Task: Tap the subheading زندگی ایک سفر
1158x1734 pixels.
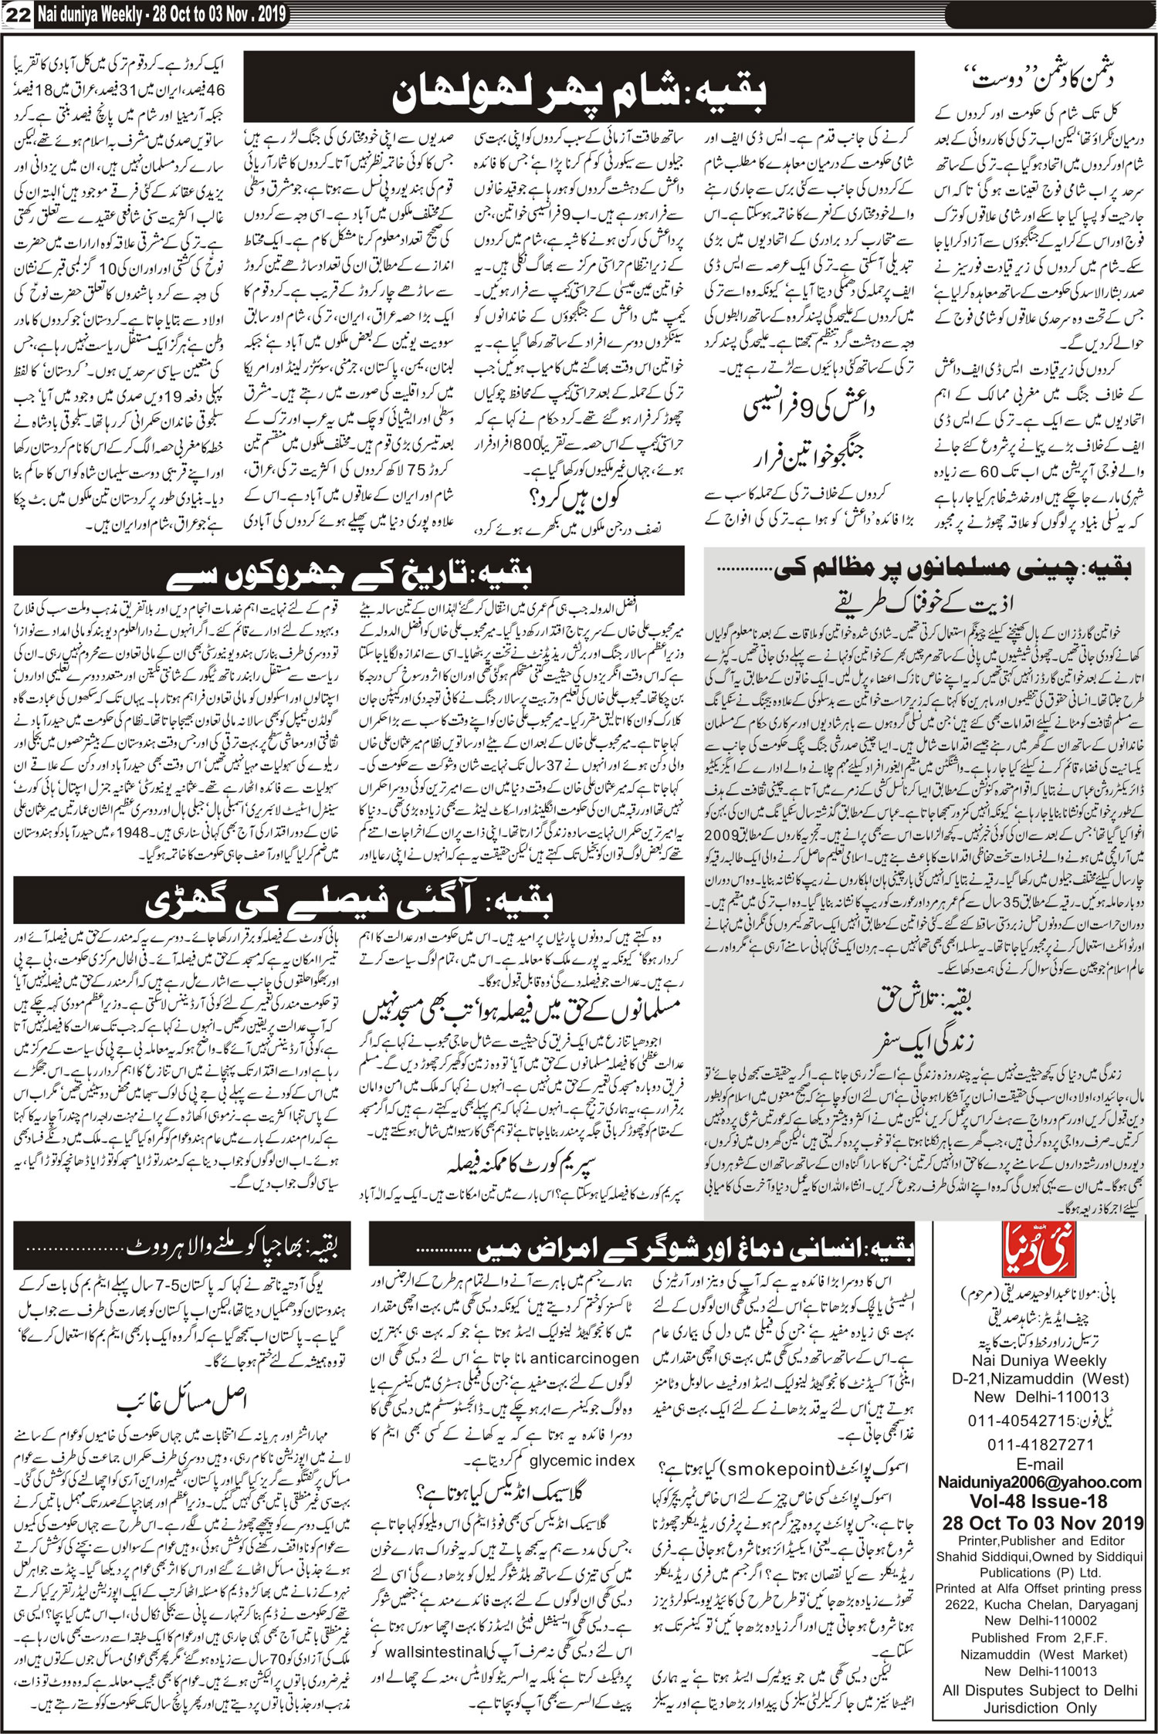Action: tap(923, 1043)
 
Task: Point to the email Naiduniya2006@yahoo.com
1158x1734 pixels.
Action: tap(1039, 1482)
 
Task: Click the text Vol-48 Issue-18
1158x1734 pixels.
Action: tap(1039, 1502)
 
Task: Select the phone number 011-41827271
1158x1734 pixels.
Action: tap(1039, 1444)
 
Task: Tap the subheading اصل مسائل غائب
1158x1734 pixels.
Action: tap(182, 1398)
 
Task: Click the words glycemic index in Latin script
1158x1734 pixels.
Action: tap(582, 1460)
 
